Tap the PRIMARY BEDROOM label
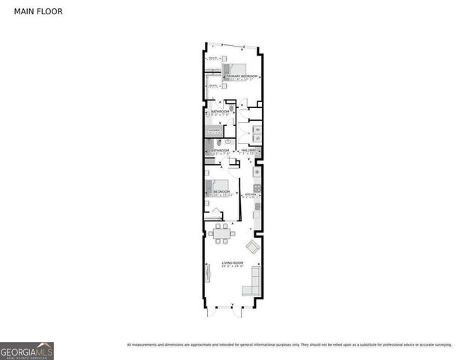point(242,76)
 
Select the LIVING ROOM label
point(233,262)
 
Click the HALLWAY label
point(250,150)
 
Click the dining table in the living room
point(221,235)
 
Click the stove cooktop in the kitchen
point(257,187)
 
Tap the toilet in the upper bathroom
point(232,109)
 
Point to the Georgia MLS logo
point(27,350)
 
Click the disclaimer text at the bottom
point(289,344)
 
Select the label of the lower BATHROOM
point(219,150)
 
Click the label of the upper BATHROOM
point(219,112)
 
